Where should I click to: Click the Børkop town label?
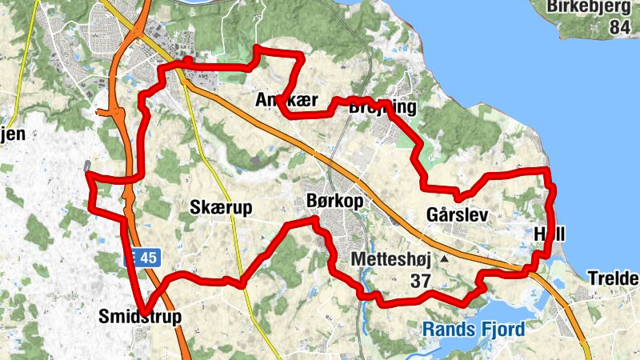[334, 201]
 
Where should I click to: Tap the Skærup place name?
[221, 208]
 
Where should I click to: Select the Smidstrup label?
[139, 317]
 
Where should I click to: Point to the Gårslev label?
[458, 215]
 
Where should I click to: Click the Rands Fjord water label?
[474, 329]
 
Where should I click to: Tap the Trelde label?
[614, 278]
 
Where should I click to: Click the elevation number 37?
[420, 281]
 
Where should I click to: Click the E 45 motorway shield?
[143, 258]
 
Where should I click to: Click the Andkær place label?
[287, 101]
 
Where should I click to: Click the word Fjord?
[502, 329]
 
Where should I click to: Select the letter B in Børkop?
[312, 201]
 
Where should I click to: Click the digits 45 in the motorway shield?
[148, 258]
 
